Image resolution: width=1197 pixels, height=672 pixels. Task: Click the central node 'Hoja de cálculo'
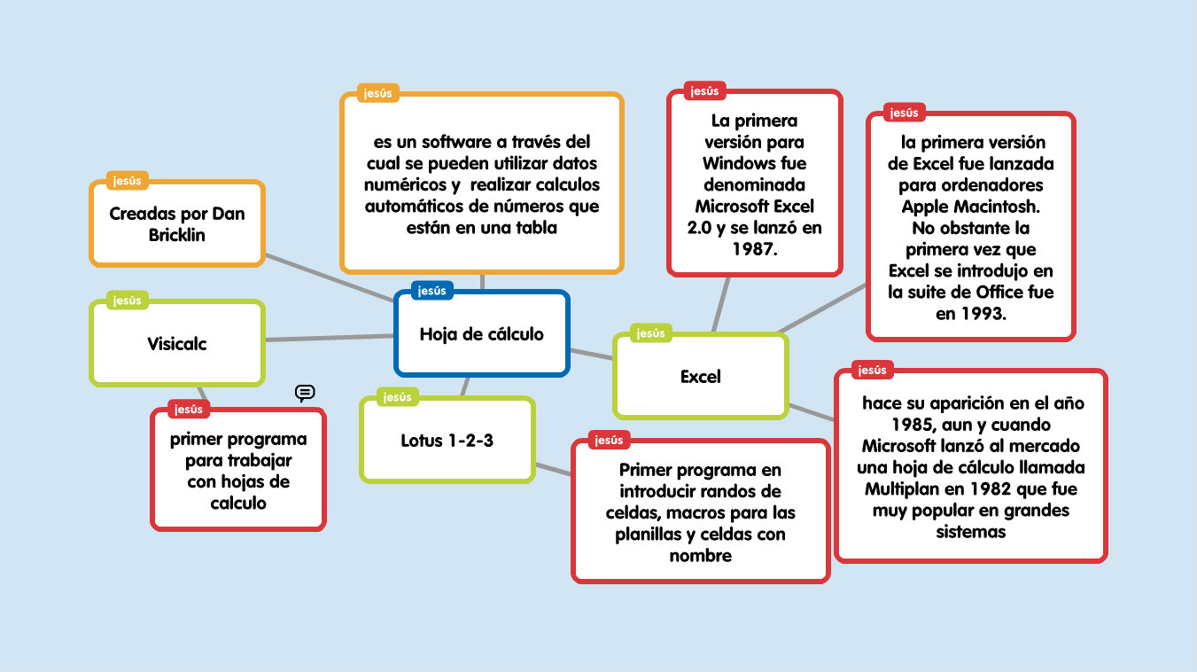(x=481, y=334)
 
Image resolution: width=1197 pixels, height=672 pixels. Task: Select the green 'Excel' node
(x=700, y=376)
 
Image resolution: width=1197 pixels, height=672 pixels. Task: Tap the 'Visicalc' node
(x=177, y=344)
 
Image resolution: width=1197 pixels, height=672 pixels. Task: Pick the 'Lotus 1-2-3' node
(x=447, y=440)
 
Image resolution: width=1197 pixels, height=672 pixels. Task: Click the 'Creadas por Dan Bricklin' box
(x=177, y=224)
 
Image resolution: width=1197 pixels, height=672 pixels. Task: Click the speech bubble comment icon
(x=305, y=393)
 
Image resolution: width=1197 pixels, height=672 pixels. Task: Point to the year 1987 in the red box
(x=753, y=249)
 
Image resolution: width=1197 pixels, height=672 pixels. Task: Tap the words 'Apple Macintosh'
(x=970, y=207)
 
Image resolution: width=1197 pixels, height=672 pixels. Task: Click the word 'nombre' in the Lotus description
(x=700, y=556)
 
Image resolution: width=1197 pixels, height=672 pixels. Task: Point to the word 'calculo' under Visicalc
(x=237, y=503)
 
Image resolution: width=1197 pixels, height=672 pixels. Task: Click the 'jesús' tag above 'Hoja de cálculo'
(x=432, y=290)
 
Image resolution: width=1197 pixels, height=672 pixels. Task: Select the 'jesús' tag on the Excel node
(x=650, y=333)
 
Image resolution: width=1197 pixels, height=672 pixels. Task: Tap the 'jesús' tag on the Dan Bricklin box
(x=127, y=181)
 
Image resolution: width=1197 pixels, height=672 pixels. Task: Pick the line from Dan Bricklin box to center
(x=328, y=280)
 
